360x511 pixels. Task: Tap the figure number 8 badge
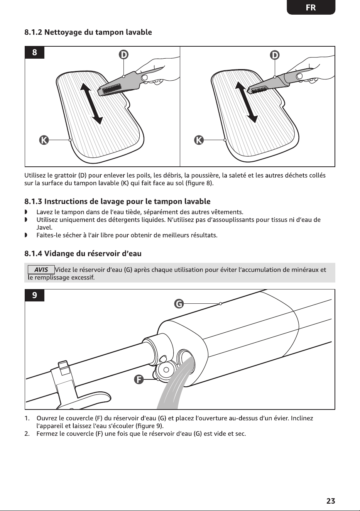coord(34,52)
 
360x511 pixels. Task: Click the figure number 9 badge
coord(34,295)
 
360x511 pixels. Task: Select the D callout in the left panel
coord(123,55)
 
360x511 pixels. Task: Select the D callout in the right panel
coord(275,55)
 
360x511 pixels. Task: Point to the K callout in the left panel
coord(44,140)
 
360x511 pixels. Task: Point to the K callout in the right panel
coord(199,140)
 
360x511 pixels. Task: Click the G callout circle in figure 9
coord(179,304)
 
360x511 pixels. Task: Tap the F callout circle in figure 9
coord(139,379)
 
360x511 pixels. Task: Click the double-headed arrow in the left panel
coord(91,103)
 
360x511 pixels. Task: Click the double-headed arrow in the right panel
coord(246,102)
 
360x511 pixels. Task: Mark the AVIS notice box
coord(41,270)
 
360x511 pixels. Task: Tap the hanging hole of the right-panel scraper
coord(300,76)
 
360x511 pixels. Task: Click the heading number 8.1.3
coord(33,201)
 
